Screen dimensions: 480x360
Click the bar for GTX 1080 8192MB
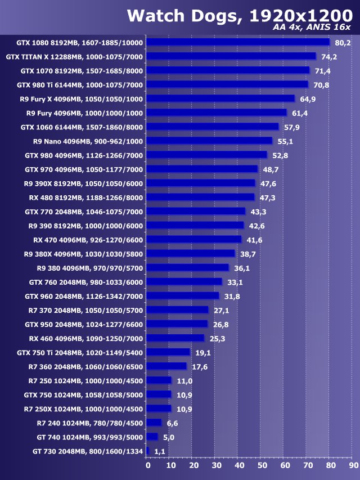pos(238,42)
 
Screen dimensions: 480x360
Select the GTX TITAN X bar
pos(231,56)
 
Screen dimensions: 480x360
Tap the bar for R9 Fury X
pos(220,98)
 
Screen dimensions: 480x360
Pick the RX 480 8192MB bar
pos(201,197)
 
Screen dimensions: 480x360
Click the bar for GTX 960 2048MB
pos(183,295)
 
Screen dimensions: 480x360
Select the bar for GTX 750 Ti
pos(169,352)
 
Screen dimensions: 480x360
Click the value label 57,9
pos(292,127)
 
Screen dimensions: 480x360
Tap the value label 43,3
pos(258,212)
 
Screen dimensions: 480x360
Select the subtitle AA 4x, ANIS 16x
pos(311,28)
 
